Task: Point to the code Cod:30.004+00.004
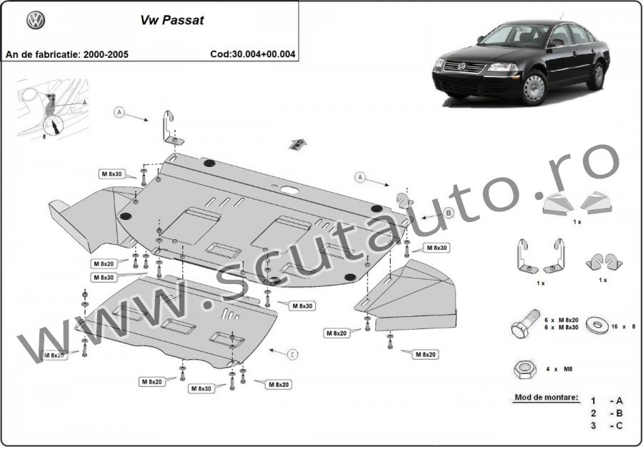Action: coord(253,54)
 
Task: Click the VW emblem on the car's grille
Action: coord(461,67)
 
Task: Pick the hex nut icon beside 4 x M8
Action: coord(524,370)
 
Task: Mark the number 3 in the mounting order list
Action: coord(593,425)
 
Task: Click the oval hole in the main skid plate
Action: coord(290,190)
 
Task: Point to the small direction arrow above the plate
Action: coord(296,143)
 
